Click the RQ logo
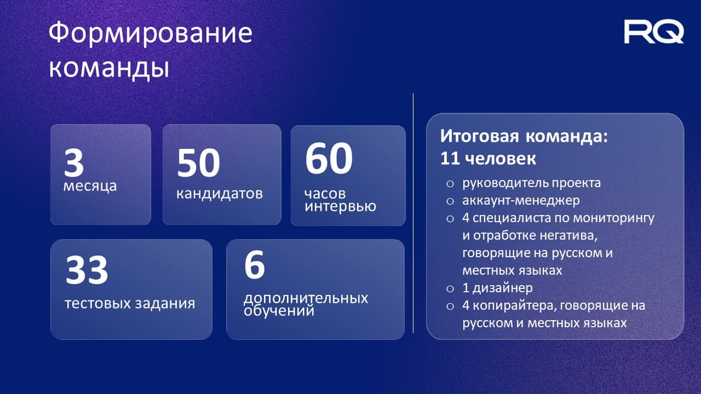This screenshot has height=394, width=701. pyautogui.click(x=654, y=32)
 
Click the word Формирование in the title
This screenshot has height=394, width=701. pyautogui.click(x=151, y=33)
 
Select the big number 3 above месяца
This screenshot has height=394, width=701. pyautogui.click(x=74, y=163)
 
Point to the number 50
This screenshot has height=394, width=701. pyautogui.click(x=198, y=163)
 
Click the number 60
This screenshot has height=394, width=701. pyautogui.click(x=329, y=158)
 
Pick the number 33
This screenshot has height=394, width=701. pyautogui.click(x=87, y=270)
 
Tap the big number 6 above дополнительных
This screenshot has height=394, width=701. pyautogui.click(x=255, y=265)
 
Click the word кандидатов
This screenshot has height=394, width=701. pyautogui.click(x=220, y=194)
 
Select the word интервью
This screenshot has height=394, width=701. pyautogui.click(x=340, y=207)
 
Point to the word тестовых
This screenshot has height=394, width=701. pyautogui.click(x=95, y=304)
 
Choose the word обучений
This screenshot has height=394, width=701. pyautogui.click(x=279, y=310)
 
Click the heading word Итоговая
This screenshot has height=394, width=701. pyautogui.click(x=479, y=136)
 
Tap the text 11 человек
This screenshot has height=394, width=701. pyautogui.click(x=488, y=159)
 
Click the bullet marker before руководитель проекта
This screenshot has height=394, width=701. pyautogui.click(x=450, y=183)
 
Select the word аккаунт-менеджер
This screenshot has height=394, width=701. pyautogui.click(x=521, y=200)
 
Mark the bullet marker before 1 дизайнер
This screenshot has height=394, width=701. pyautogui.click(x=450, y=288)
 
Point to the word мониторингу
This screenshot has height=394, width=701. pyautogui.click(x=614, y=218)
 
